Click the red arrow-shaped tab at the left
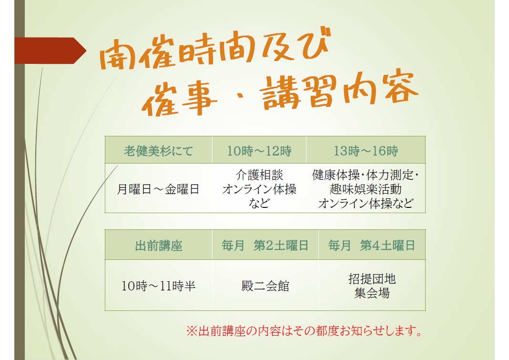[51, 51]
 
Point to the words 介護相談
[259, 175]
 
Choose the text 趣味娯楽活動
[366, 189]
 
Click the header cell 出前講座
[158, 246]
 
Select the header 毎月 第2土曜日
[265, 245]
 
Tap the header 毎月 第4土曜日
[372, 245]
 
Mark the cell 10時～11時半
[158, 286]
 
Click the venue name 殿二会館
[265, 286]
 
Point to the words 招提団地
[372, 279]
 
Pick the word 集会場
[372, 293]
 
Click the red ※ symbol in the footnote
[192, 331]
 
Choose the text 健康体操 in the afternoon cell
[336, 175]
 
